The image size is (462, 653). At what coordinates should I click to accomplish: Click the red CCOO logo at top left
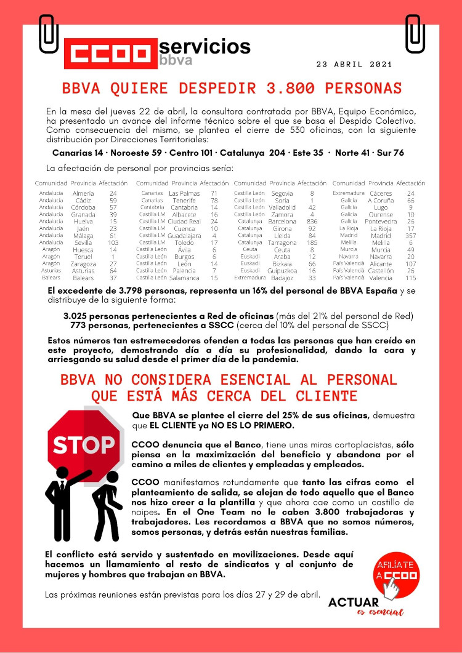pos(108,54)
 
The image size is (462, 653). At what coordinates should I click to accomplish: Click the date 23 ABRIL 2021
pos(354,64)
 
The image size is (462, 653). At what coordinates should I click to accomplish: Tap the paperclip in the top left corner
pos(49,33)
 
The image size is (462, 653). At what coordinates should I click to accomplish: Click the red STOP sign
pos(83,443)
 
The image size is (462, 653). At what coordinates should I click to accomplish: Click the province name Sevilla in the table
pos(83,242)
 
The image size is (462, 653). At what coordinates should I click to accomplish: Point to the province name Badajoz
pos(282,278)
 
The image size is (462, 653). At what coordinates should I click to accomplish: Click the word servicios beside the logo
pos(205,47)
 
